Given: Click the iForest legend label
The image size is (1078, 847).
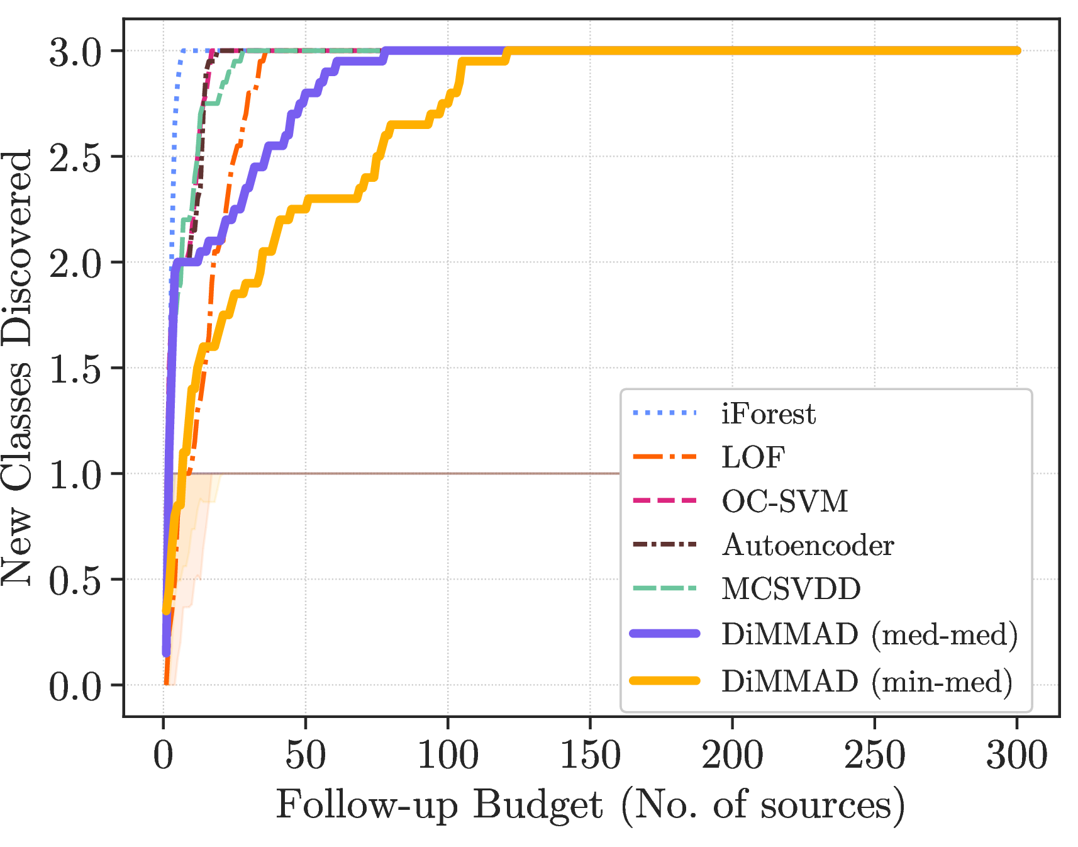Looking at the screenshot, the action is (x=768, y=414).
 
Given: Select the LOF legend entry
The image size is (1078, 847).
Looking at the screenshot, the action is (x=753, y=457).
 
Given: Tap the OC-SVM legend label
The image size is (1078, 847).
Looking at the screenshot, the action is (x=784, y=502).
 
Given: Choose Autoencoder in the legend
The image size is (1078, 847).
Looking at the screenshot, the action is (x=808, y=545).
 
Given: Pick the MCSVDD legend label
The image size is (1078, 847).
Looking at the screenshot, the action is (x=791, y=589).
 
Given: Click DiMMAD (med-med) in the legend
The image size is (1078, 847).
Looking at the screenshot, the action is (x=869, y=634).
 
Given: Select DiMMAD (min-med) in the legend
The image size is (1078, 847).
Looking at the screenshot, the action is (x=867, y=682).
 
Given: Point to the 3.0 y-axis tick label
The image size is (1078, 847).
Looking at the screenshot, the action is (x=75, y=52).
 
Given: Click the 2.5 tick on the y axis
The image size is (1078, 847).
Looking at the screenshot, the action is (x=75, y=157).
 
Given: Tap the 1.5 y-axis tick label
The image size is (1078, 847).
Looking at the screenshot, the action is (x=75, y=369).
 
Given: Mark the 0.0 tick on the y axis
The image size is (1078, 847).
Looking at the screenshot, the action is (x=75, y=686).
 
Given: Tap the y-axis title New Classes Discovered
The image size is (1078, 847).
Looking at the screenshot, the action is (x=17, y=367).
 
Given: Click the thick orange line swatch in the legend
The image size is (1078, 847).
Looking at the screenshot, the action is (x=665, y=680).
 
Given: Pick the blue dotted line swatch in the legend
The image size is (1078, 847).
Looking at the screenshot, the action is (x=665, y=413).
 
